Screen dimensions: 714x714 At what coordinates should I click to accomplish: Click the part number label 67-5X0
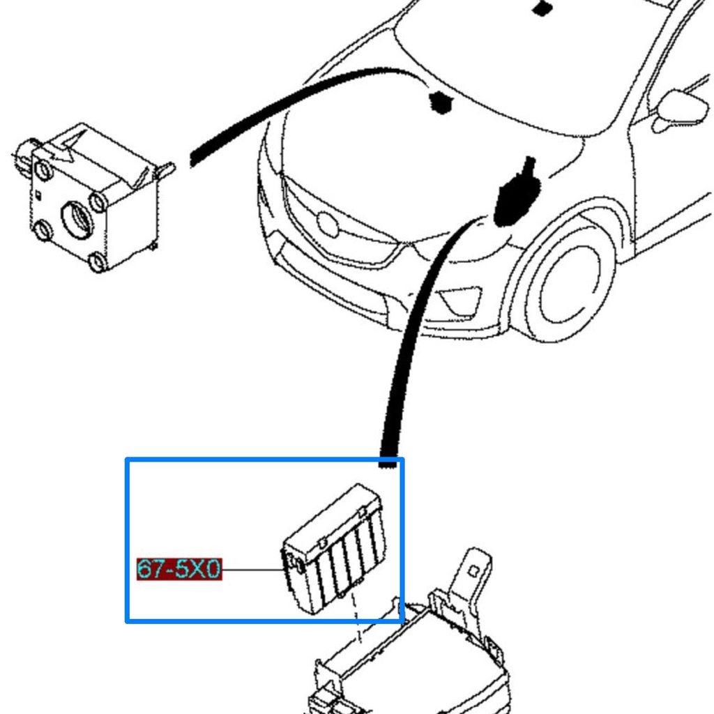[x=179, y=569]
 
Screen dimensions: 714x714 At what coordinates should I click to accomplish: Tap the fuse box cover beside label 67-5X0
[x=335, y=549]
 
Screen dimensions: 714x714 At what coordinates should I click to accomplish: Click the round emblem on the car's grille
[x=328, y=225]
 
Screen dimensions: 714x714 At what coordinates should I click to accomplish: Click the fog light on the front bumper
[x=460, y=301]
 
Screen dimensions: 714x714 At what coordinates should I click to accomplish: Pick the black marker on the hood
[x=440, y=102]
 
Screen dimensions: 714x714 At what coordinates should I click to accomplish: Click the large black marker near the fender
[x=517, y=194]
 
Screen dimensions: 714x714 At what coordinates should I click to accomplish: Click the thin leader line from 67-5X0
[x=253, y=569]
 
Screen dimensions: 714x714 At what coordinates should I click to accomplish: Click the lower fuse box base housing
[x=410, y=660]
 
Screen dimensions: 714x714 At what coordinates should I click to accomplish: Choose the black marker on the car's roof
[x=542, y=8]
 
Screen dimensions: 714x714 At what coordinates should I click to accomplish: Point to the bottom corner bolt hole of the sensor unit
[x=98, y=262]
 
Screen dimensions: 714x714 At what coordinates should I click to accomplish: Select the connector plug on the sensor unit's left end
[x=25, y=155]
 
